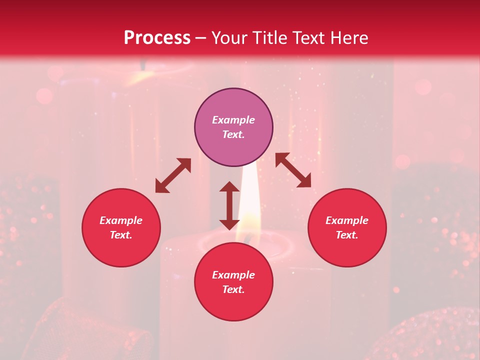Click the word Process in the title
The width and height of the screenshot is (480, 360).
[x=157, y=38]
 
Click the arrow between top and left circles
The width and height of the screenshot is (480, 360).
[x=173, y=175]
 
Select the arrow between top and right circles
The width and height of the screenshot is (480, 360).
[x=293, y=170]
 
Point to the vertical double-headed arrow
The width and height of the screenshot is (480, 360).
[x=229, y=205]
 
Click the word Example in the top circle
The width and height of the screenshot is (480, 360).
[x=233, y=120]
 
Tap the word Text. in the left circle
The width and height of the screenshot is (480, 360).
[x=121, y=235]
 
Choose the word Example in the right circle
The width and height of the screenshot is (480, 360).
[x=347, y=220]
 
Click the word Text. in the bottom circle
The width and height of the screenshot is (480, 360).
[x=233, y=289]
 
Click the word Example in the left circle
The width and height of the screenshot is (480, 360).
[x=121, y=220]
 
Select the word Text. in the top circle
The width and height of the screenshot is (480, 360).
[x=233, y=134]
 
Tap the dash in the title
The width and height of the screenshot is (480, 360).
[x=201, y=38]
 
